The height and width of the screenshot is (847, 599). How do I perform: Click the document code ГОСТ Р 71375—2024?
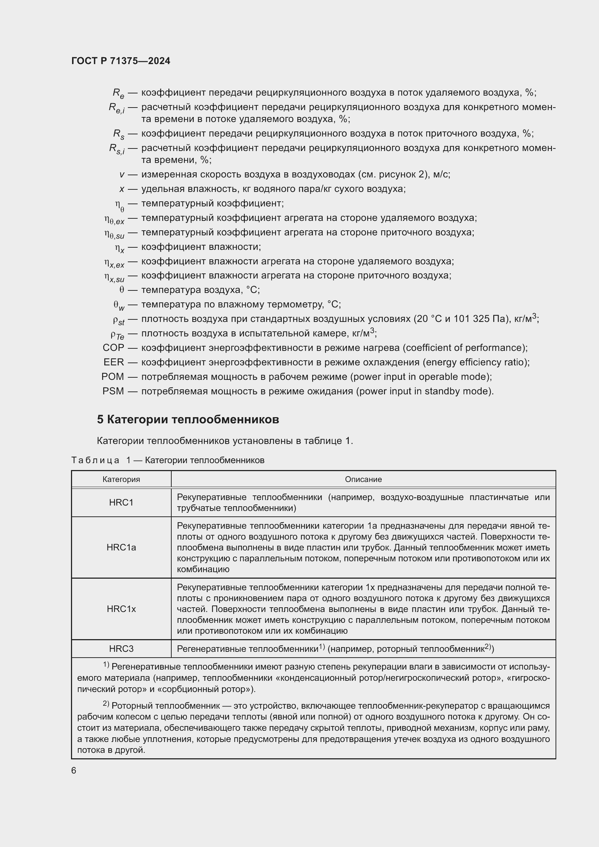(121, 61)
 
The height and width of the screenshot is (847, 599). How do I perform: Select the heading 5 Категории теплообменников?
(188, 419)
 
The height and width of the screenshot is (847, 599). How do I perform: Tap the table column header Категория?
(121, 479)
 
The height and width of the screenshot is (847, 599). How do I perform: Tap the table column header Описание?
(363, 479)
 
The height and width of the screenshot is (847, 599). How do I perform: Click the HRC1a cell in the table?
(121, 548)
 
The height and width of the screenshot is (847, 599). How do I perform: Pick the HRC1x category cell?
(121, 609)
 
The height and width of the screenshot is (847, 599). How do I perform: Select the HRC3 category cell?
(121, 649)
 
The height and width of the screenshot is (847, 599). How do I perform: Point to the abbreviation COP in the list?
(113, 348)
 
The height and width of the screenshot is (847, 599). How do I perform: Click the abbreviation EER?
(114, 362)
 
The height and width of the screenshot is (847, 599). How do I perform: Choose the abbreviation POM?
(113, 377)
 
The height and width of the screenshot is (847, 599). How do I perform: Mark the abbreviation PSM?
(113, 391)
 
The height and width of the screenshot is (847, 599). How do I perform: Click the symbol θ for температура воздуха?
(121, 290)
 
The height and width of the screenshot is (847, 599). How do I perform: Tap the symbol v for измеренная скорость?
(122, 175)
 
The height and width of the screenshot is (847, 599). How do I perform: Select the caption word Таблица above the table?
(95, 460)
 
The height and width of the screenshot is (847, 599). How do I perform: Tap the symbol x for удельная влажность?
(122, 189)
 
